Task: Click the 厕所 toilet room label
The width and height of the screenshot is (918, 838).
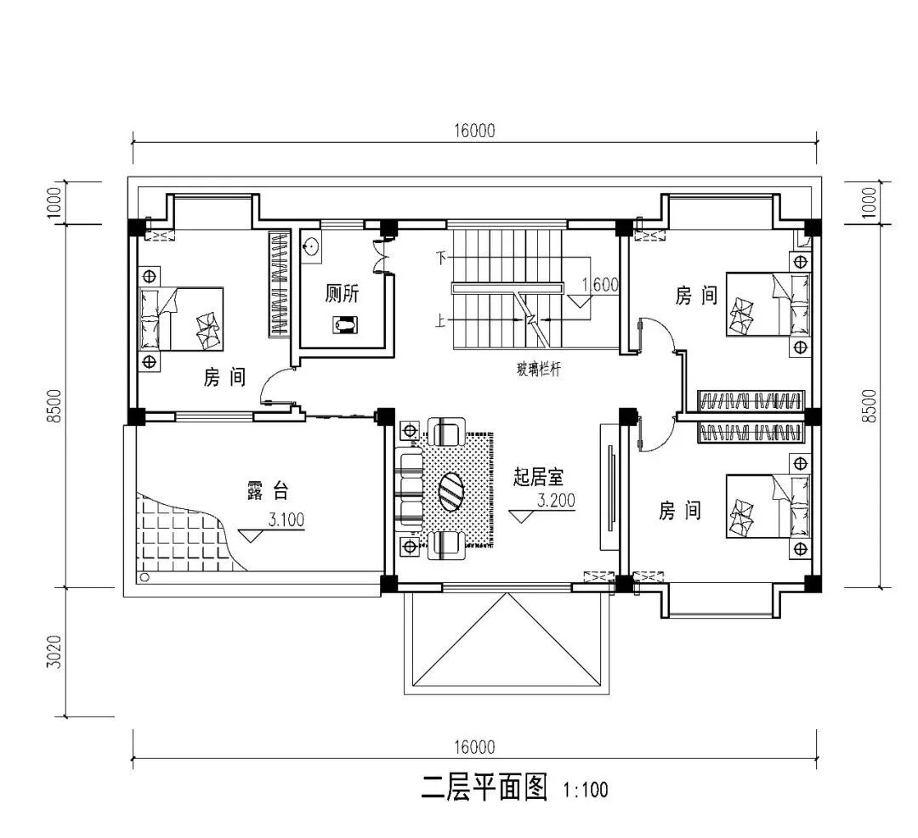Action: click(342, 293)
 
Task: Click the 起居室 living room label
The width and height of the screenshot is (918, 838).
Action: click(538, 477)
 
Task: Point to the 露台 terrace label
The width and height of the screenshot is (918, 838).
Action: click(268, 490)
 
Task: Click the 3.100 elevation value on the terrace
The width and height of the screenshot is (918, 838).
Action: click(286, 519)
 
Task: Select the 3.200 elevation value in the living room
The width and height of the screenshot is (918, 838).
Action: click(557, 501)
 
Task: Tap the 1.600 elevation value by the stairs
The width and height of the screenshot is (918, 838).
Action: click(600, 285)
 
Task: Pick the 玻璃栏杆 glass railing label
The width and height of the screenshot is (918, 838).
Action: click(539, 369)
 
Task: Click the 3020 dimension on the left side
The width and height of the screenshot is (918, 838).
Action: click(54, 652)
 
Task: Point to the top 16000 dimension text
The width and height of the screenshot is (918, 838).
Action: click(474, 131)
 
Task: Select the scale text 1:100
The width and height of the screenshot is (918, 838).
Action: click(586, 790)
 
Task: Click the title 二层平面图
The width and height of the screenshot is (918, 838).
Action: click(484, 787)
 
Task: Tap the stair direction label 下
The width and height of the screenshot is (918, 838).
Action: click(441, 257)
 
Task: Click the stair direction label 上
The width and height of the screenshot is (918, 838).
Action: click(440, 320)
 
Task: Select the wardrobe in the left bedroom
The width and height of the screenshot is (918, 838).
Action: click(280, 285)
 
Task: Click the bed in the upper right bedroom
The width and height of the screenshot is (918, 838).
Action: click(768, 303)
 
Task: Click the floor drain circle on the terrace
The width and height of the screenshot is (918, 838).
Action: click(144, 578)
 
